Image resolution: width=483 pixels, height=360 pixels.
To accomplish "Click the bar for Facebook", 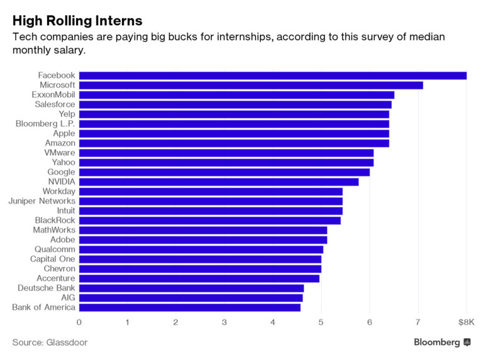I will coord(272,76).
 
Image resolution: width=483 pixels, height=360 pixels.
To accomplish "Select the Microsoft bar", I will coord(251,85).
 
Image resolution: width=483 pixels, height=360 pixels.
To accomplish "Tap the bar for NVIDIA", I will coord(219,182).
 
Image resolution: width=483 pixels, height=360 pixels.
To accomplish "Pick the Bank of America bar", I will coord(190,307).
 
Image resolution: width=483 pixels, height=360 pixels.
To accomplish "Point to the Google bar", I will coord(225,172).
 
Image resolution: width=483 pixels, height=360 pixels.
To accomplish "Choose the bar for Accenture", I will coord(199,278).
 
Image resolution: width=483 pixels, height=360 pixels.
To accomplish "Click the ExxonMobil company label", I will coord(53,94).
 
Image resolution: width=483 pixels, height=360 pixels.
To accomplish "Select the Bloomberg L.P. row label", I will coord(45,123).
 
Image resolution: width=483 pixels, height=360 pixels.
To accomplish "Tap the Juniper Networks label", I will coord(42,201).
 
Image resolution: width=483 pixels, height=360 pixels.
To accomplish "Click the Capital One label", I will coord(52,259).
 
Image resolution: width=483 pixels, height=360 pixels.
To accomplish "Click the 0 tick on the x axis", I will coord(79,322).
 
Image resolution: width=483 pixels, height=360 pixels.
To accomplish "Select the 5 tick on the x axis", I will coord(321,322).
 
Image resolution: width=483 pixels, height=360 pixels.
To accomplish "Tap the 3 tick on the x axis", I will coord(225,322).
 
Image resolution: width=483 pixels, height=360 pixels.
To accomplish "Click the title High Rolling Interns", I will coord(77,21).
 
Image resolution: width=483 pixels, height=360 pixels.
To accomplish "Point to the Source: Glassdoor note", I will coord(50,342).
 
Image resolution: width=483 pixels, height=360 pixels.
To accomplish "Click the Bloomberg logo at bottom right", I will coord(442,342).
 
